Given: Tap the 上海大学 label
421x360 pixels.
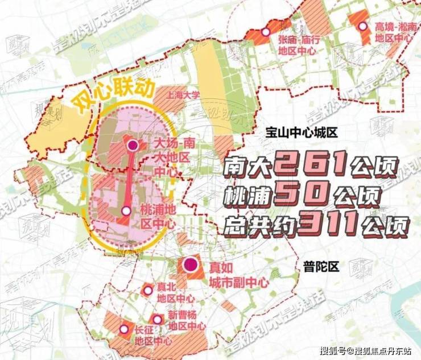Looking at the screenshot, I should coord(179,97).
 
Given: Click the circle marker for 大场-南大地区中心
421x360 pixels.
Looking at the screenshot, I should coord(133,146).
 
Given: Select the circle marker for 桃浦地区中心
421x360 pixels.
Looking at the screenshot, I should coord(126,210).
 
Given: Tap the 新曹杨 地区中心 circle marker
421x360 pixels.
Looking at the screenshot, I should coord(156,320).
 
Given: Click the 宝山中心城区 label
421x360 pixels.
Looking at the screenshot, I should coord(302,133).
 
